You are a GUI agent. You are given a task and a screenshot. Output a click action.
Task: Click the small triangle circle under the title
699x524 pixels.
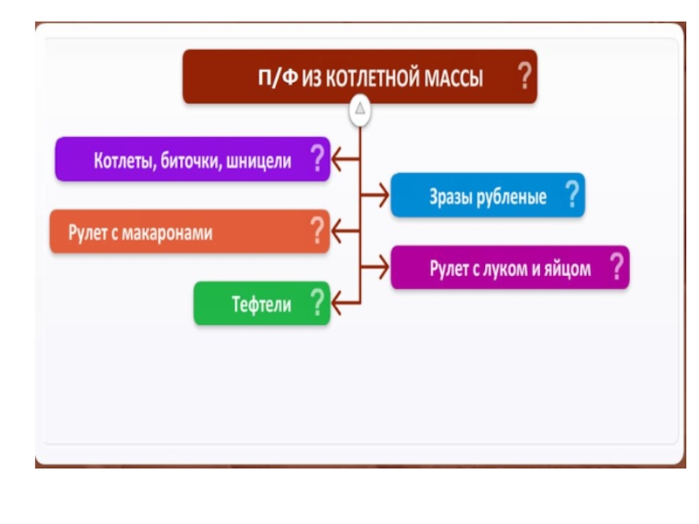pyautogui.click(x=360, y=110)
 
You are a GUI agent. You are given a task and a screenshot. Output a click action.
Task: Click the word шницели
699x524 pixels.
pyautogui.click(x=258, y=161)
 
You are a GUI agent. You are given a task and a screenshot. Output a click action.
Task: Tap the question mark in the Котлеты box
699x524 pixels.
pyautogui.click(x=317, y=159)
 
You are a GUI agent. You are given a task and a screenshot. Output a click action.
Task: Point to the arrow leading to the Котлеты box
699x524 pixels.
pyautogui.click(x=346, y=159)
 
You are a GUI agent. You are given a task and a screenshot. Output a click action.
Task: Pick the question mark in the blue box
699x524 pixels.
pyautogui.click(x=572, y=194)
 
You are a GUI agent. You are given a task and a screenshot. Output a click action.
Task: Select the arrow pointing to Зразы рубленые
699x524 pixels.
pyautogui.click(x=375, y=196)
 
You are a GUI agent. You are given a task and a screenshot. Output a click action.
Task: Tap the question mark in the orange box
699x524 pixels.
pyautogui.click(x=317, y=231)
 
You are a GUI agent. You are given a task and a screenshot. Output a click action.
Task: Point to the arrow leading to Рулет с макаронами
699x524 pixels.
pyautogui.click(x=346, y=231)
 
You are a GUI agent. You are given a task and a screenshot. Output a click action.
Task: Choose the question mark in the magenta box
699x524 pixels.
pyautogui.click(x=617, y=266)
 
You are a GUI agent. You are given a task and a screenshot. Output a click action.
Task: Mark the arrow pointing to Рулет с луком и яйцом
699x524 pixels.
pyautogui.click(x=375, y=268)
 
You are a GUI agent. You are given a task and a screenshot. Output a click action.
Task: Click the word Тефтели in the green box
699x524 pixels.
pyautogui.click(x=261, y=306)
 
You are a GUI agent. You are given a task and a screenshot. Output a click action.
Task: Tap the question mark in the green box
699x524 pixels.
pyautogui.click(x=317, y=303)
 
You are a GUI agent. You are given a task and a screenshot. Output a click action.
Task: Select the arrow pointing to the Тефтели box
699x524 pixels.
pyautogui.click(x=346, y=304)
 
